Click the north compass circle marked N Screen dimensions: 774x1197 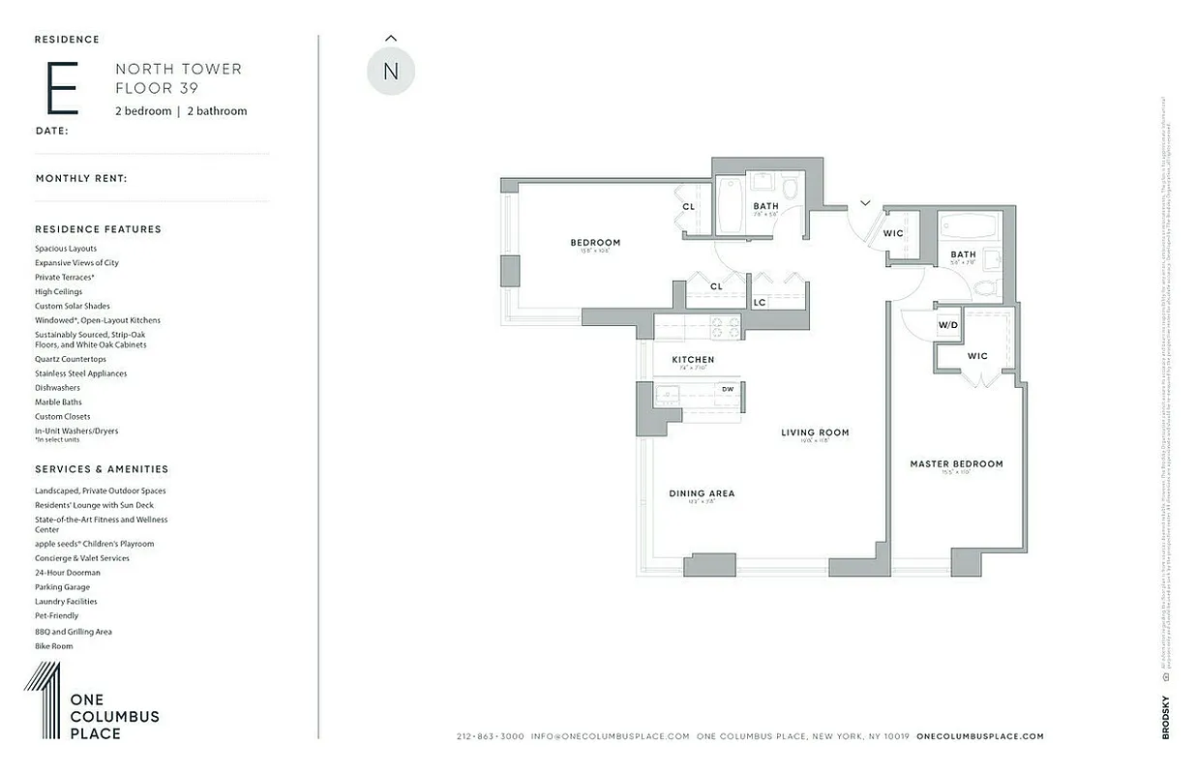click(x=391, y=71)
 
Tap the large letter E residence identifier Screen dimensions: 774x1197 click(x=61, y=88)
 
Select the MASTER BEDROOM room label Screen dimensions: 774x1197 click(x=956, y=464)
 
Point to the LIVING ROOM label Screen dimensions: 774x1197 click(x=815, y=432)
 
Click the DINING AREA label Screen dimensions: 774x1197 click(x=702, y=493)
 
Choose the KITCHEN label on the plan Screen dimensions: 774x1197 click(x=693, y=360)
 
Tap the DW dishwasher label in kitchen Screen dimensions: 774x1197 click(x=728, y=390)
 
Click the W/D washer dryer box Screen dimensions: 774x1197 click(x=947, y=325)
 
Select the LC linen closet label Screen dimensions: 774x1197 click(x=760, y=303)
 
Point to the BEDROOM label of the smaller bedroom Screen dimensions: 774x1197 click(x=595, y=243)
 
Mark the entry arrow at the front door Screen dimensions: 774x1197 click(x=864, y=203)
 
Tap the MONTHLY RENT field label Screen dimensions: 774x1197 click(x=81, y=179)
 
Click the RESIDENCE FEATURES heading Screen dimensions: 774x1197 click(x=98, y=229)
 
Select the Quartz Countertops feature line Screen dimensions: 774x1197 click(x=71, y=359)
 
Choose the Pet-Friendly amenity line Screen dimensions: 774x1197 click(x=57, y=616)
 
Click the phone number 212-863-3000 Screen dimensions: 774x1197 click(x=490, y=736)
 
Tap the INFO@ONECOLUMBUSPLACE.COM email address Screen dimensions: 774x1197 click(x=611, y=736)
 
